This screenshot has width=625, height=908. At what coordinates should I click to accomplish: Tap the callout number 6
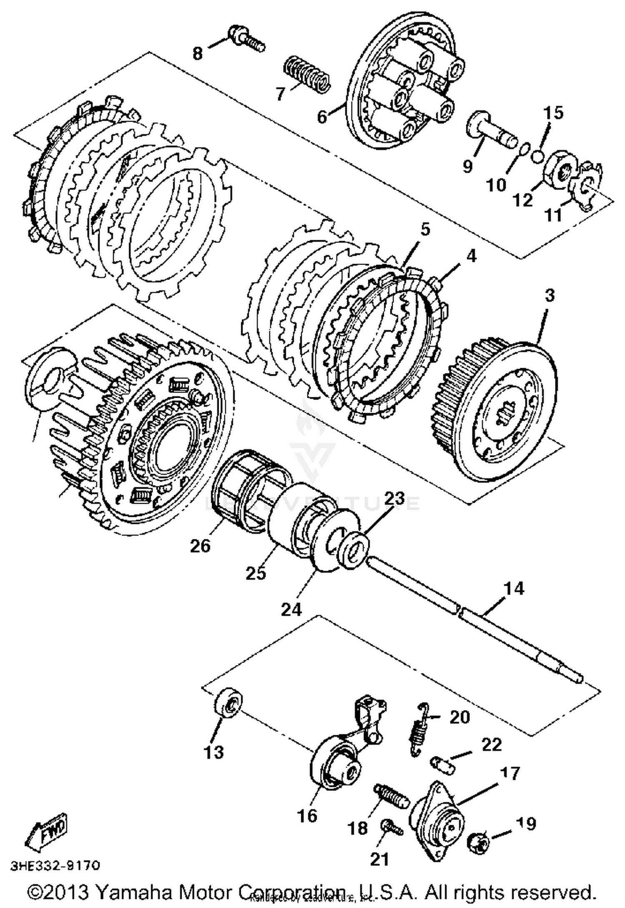(x=322, y=117)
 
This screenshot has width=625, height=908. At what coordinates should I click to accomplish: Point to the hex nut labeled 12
(x=560, y=172)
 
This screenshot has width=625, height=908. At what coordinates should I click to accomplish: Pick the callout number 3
(x=550, y=296)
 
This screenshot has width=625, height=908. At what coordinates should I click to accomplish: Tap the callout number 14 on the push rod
(x=513, y=589)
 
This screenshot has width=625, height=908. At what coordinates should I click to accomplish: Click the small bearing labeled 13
(x=228, y=703)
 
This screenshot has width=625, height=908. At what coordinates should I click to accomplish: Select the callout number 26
(x=200, y=546)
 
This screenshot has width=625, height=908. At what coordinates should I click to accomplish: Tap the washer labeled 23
(x=353, y=550)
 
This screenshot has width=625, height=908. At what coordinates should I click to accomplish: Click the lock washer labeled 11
(x=587, y=184)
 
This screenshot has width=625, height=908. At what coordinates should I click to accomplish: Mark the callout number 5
(x=425, y=229)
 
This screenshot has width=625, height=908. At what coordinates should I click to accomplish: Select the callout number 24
(x=291, y=609)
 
